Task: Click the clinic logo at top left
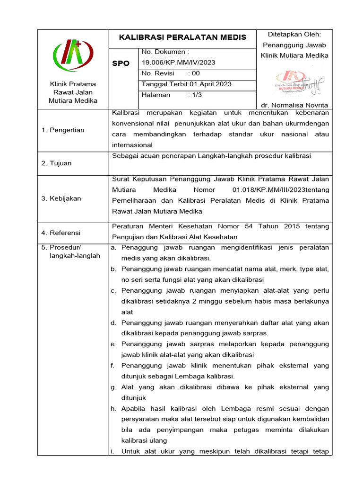click(73, 54)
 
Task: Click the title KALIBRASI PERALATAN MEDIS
click(182, 37)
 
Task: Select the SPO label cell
click(121, 63)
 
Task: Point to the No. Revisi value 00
click(196, 73)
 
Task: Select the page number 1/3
click(196, 95)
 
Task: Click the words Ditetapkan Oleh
click(294, 34)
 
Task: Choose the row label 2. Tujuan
click(56, 163)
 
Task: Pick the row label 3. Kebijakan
click(61, 198)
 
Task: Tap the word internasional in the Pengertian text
click(132, 145)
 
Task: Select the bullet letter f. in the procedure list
click(113, 366)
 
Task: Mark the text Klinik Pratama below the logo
click(73, 84)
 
